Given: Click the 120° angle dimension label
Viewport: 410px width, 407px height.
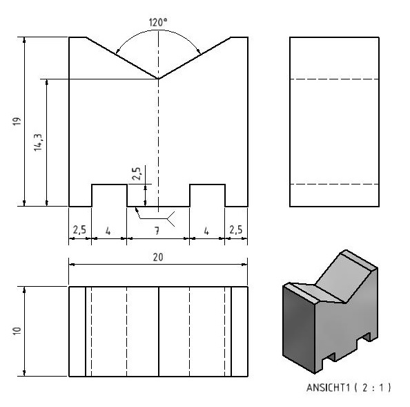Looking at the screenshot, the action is [x=157, y=23].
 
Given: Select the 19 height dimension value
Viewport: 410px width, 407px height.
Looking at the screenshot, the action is [x=17, y=121].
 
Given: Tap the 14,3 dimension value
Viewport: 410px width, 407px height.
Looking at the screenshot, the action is [x=38, y=142].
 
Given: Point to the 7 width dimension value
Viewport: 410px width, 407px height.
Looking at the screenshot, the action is [x=157, y=231].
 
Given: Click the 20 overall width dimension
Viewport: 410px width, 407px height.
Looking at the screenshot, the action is [x=158, y=257].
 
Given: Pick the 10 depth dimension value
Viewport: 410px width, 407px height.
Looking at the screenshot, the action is [x=17, y=331].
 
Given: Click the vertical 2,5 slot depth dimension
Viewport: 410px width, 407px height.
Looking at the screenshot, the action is [x=137, y=173].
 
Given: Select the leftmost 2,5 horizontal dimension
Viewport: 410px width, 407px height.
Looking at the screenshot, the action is [x=79, y=230].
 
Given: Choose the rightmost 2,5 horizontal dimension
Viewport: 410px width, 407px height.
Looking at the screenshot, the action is [x=236, y=230].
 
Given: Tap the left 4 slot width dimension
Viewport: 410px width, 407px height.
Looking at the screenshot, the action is [x=108, y=231].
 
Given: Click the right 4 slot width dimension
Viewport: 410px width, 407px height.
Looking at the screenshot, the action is [x=206, y=231].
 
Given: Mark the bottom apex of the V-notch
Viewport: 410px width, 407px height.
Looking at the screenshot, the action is [x=158, y=79].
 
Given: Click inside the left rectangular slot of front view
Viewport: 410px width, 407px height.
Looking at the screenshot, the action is [x=109, y=196].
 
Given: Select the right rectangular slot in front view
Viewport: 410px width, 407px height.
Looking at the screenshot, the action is [x=208, y=196].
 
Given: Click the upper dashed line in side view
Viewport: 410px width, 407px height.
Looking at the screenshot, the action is [x=335, y=79].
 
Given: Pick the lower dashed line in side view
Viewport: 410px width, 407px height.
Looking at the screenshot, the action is [x=335, y=184].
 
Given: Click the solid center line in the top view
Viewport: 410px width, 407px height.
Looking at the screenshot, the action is [x=159, y=332].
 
